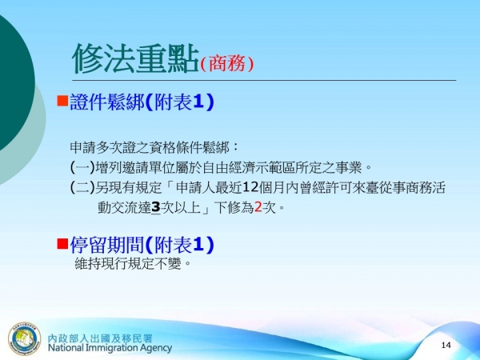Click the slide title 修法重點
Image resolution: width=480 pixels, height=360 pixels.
coord(134,58)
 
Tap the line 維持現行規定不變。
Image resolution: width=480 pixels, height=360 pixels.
coord(133,263)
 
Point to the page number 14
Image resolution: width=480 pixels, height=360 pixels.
coord(446,345)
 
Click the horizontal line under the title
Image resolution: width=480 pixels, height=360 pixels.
coord(264,81)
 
